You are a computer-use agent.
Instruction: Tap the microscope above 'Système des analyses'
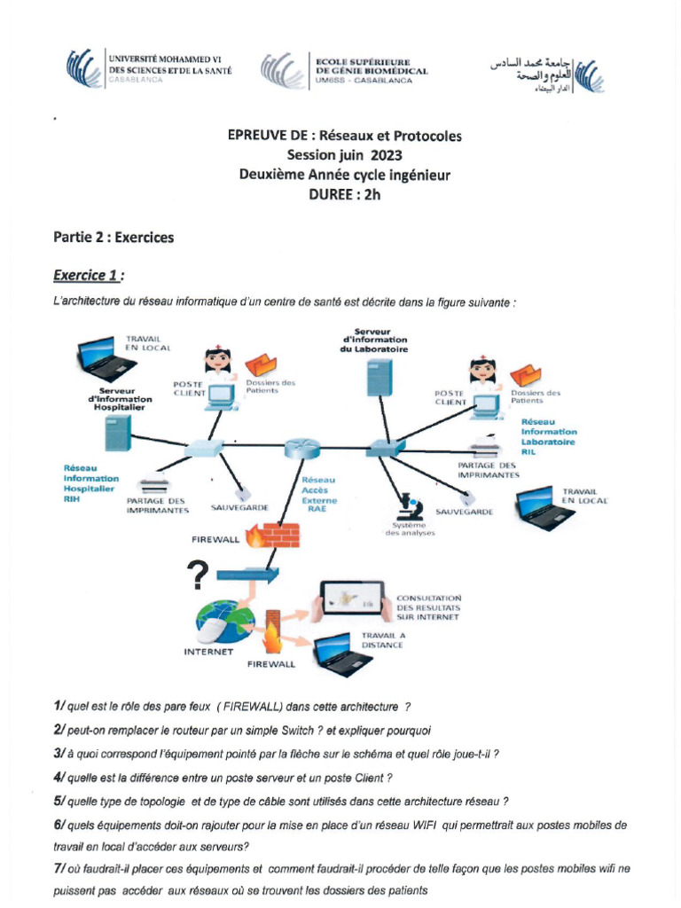(x=409, y=506)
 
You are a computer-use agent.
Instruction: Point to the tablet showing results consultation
(x=352, y=602)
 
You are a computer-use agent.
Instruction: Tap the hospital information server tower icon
(x=119, y=434)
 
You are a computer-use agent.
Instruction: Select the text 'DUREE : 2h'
(x=344, y=196)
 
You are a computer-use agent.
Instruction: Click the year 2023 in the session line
(x=374, y=155)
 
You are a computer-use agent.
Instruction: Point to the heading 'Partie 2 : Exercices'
(x=113, y=238)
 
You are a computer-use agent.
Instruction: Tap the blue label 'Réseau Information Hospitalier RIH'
(x=90, y=483)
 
